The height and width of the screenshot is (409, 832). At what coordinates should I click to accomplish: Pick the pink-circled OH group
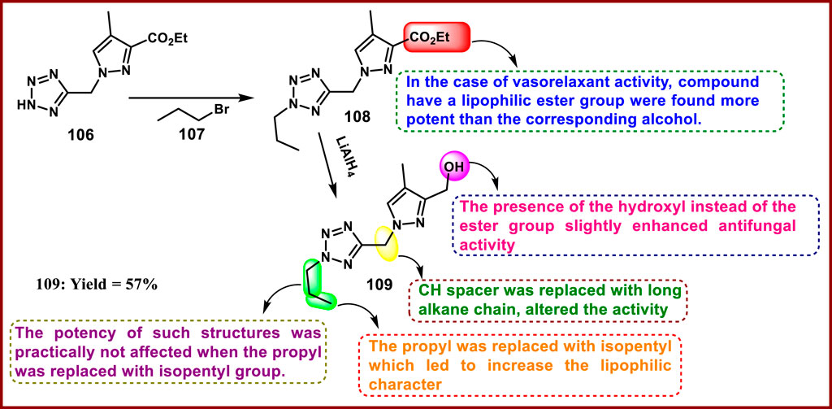[452, 168]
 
